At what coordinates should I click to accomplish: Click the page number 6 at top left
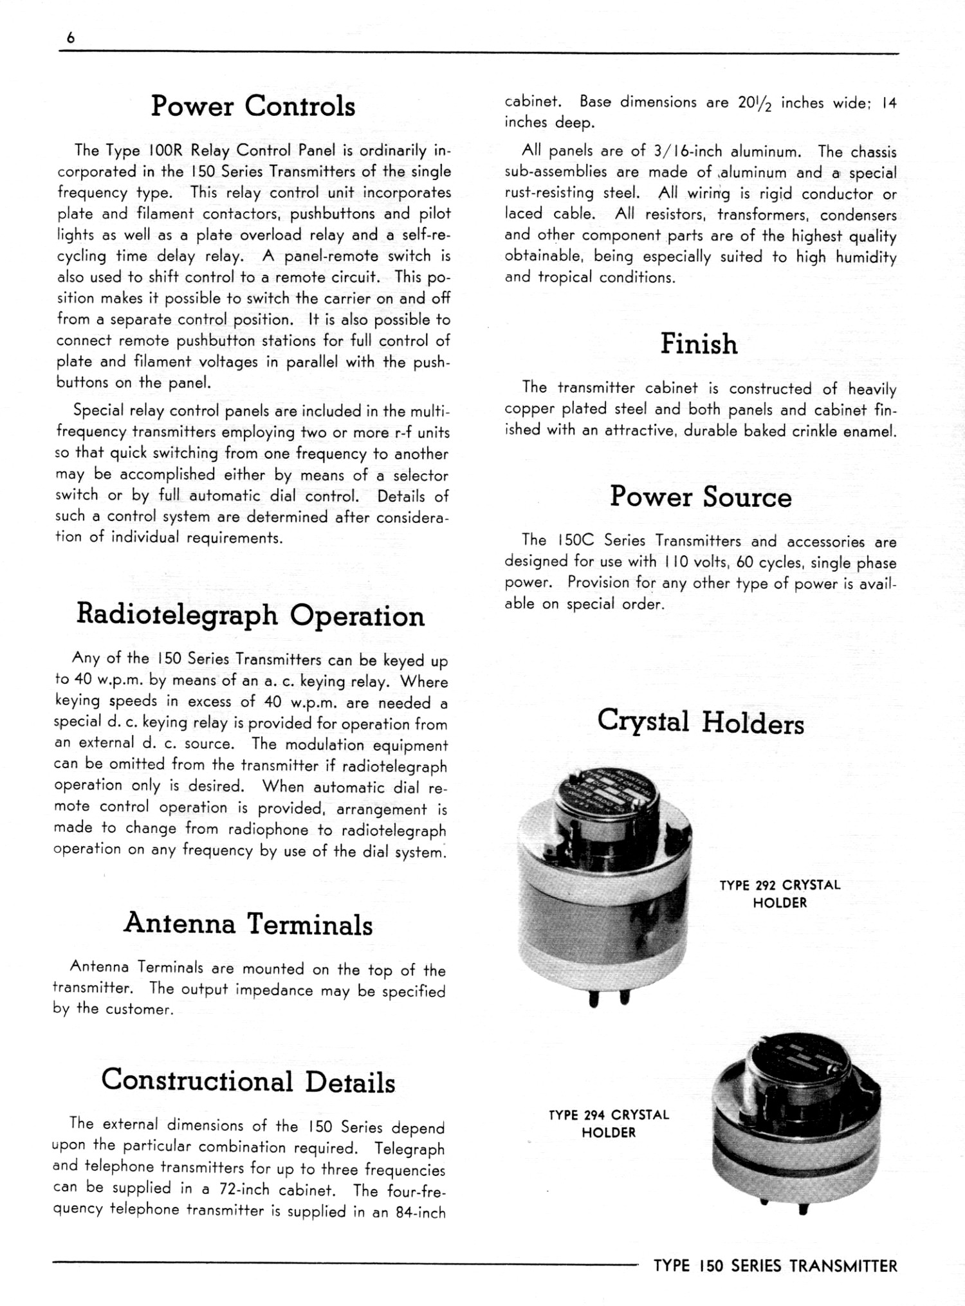tap(71, 38)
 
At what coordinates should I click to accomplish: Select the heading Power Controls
tap(253, 106)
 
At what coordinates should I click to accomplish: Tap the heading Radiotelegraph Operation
tap(250, 615)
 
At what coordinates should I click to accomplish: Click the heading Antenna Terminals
tap(248, 924)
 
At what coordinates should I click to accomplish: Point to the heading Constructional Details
tap(248, 1081)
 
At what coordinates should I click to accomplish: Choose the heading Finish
tap(699, 344)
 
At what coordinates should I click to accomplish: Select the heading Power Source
tap(701, 497)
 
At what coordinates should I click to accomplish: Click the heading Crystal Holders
tap(701, 722)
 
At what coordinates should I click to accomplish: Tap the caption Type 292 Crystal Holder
tap(780, 894)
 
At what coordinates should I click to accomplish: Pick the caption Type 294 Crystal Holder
tap(609, 1123)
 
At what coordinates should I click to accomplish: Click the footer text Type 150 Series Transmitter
tap(775, 1266)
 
